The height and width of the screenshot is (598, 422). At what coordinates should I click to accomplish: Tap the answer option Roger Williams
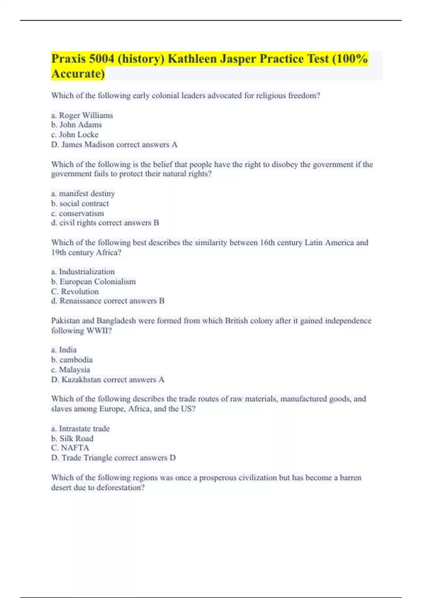pos(86,115)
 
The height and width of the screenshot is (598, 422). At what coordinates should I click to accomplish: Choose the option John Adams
pos(81,125)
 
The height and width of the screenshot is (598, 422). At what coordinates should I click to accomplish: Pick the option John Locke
pos(78,135)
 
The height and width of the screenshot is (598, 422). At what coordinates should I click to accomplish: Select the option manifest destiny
pos(87,193)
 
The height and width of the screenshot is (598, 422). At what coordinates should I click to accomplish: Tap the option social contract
pos(84,203)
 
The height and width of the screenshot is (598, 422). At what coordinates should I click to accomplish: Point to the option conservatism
pos(81,213)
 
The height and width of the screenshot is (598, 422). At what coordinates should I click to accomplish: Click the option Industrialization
pos(87,272)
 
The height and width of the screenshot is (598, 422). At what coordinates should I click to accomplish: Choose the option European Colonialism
pos(97,281)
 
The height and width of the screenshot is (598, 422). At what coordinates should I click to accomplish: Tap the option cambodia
pos(76,360)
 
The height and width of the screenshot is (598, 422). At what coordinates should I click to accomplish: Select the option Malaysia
pos(74,369)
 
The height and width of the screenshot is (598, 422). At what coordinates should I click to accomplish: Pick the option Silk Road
pos(76,438)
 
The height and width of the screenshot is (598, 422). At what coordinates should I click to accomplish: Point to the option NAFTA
pos(75,448)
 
